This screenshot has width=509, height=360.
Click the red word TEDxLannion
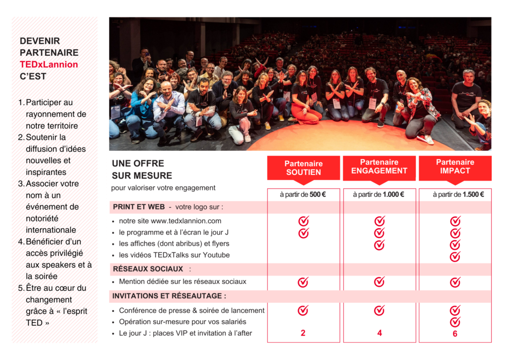click(x=49, y=65)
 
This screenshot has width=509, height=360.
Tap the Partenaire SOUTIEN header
click(x=303, y=168)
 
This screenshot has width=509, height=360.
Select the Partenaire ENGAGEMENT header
click(x=379, y=167)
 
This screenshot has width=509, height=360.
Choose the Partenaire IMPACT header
click(x=455, y=167)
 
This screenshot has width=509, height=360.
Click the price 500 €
click(x=317, y=194)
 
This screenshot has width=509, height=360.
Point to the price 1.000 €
click(x=393, y=194)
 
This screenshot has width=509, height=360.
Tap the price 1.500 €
click(x=473, y=194)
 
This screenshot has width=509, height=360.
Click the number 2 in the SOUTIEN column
click(x=303, y=333)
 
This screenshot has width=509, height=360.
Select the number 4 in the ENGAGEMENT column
click(x=379, y=333)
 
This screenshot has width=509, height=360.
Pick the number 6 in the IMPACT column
click(x=455, y=334)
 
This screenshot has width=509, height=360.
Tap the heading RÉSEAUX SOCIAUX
click(x=148, y=269)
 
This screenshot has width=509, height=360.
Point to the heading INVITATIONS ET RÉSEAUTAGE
click(x=169, y=296)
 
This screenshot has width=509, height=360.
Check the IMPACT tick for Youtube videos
click(x=455, y=257)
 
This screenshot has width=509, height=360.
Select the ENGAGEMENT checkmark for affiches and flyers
click(x=379, y=245)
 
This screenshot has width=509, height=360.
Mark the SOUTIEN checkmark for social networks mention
click(x=303, y=282)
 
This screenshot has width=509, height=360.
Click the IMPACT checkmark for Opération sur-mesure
click(x=455, y=322)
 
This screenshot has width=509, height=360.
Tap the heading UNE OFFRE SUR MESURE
click(x=142, y=170)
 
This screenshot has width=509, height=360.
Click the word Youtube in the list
click(x=218, y=255)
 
